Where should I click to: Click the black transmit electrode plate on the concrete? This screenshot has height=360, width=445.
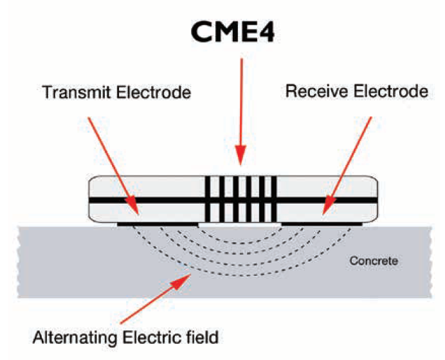point(158,224)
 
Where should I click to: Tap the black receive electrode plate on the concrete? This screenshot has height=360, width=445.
point(320,224)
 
